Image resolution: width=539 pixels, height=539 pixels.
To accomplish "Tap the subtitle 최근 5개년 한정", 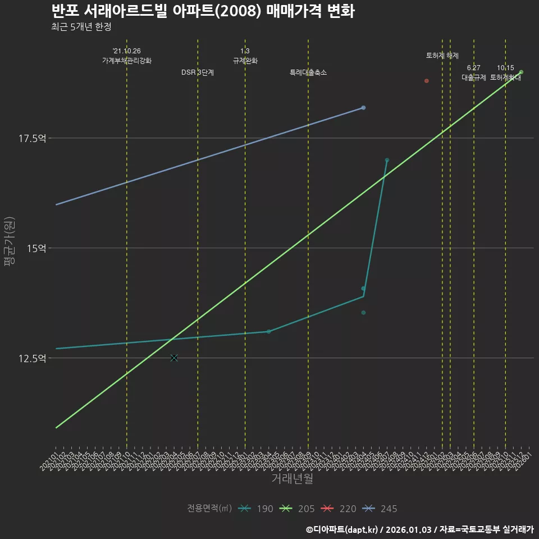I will pyautogui.click(x=85, y=27).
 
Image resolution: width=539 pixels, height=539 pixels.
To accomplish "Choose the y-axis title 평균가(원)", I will pyautogui.click(x=10, y=242).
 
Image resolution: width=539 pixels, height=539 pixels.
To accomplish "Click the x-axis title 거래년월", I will pyautogui.click(x=292, y=479).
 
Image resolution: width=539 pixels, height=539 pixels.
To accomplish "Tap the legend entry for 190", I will pyautogui.click(x=255, y=509).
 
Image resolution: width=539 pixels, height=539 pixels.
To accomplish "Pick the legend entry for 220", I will pyautogui.click(x=338, y=509).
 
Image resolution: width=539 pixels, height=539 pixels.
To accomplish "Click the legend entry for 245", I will pyautogui.click(x=379, y=509).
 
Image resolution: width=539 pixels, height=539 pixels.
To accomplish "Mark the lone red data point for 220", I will pyautogui.click(x=427, y=81).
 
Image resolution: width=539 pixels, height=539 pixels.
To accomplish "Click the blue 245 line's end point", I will pyautogui.click(x=363, y=107).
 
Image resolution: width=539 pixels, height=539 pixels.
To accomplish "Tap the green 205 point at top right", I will pyautogui.click(x=522, y=72).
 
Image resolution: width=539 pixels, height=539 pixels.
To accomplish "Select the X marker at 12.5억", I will pyautogui.click(x=174, y=358).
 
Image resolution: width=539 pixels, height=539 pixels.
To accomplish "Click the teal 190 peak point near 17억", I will pyautogui.click(x=387, y=160).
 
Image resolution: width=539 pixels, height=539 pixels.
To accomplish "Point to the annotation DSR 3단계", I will pyautogui.click(x=198, y=72).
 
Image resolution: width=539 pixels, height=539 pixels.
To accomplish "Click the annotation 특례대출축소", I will pyautogui.click(x=308, y=72).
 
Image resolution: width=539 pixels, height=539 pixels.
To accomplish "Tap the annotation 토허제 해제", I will pyautogui.click(x=442, y=56).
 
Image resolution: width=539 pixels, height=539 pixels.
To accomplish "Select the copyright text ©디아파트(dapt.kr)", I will pyautogui.click(x=343, y=529).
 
